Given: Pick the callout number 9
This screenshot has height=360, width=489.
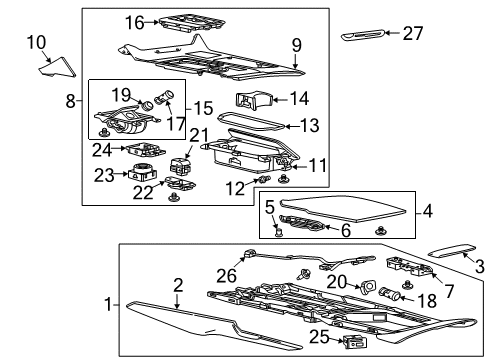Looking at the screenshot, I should pyautogui.click(x=296, y=44).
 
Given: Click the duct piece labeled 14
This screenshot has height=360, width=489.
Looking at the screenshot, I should pyautogui.click(x=255, y=100).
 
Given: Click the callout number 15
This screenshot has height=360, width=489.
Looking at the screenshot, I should pyautogui.click(x=202, y=107).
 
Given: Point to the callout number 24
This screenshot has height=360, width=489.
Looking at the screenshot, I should pyautogui.click(x=101, y=151).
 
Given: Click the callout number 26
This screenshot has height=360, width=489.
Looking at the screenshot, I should pyautogui.click(x=229, y=277).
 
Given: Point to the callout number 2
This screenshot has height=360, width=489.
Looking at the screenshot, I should pyautogui.click(x=177, y=287).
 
